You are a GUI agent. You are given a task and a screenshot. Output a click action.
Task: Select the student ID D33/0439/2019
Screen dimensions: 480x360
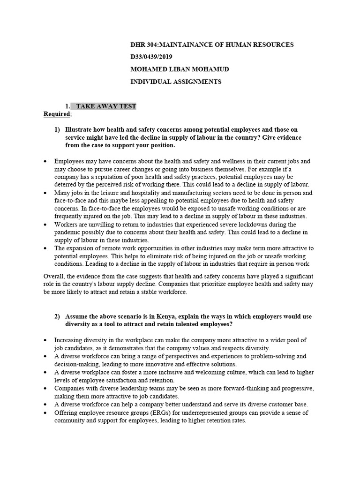click(152, 57)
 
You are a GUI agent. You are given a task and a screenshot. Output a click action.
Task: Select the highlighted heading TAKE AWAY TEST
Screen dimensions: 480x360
click(106, 106)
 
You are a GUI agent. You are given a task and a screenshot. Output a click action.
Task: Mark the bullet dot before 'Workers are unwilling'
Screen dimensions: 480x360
click(45, 225)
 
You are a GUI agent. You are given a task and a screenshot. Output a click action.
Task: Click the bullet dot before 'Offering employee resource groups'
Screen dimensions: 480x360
click(45, 412)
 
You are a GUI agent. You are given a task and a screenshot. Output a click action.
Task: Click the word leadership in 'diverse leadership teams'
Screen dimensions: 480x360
click(127, 389)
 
